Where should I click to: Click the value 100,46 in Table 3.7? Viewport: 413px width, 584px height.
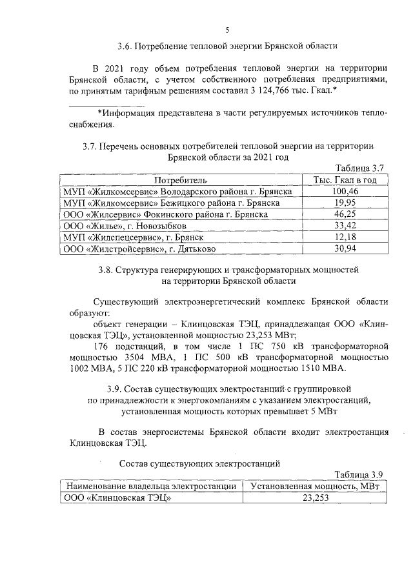click(x=345, y=192)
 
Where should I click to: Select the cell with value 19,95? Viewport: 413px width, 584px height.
click(x=345, y=203)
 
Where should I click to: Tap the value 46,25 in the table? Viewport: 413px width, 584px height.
click(x=345, y=215)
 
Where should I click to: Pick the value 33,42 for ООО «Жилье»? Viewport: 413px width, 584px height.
click(x=345, y=226)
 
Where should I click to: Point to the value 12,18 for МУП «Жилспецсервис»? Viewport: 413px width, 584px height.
click(x=345, y=237)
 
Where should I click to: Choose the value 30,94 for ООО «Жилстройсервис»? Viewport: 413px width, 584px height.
click(x=345, y=249)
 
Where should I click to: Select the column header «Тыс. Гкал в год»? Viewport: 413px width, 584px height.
click(x=345, y=180)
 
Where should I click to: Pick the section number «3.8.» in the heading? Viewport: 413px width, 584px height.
click(x=125, y=268)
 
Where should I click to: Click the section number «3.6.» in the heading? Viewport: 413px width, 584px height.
click(x=126, y=46)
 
